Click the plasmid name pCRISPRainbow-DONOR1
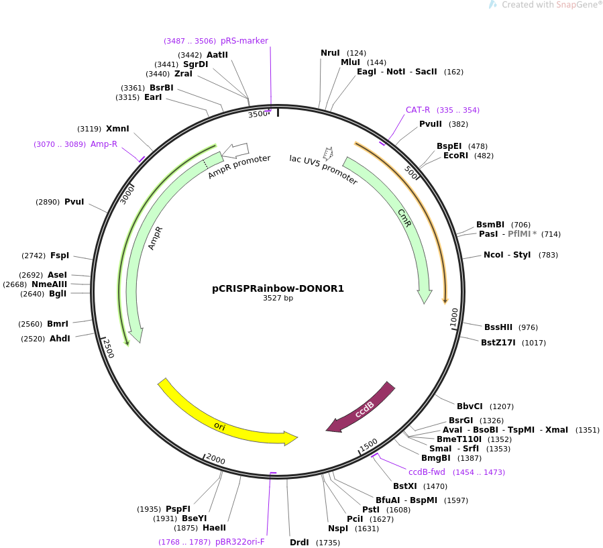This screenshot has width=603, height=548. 278,288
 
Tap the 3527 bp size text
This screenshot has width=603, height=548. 278,298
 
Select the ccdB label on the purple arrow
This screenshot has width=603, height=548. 364,410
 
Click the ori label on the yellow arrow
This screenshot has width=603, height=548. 219,426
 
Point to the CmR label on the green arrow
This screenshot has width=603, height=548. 404,218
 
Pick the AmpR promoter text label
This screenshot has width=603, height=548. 239,167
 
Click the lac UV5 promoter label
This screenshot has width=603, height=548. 323,170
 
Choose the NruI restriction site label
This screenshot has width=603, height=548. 330,53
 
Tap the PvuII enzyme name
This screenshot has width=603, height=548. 431,124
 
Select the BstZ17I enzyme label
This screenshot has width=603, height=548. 498,343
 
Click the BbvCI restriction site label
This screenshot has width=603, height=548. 470,406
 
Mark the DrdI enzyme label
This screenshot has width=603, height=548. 299,542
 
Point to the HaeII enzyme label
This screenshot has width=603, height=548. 214,528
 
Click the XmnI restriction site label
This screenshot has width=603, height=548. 117,128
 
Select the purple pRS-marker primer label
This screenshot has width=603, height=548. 244,41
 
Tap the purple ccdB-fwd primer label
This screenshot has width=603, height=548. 427,472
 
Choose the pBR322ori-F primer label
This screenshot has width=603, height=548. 240,542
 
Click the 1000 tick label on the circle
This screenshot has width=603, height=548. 454,317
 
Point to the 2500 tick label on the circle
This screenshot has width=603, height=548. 109,348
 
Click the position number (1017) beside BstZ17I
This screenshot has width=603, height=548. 534,343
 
